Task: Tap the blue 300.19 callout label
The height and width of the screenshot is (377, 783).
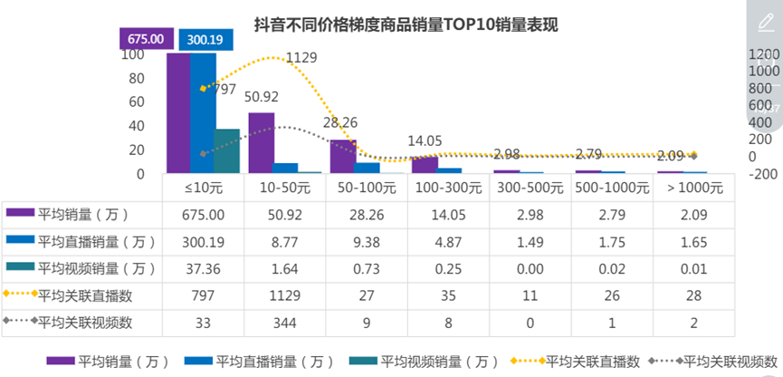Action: [205, 40]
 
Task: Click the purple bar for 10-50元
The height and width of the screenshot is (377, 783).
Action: [261, 142]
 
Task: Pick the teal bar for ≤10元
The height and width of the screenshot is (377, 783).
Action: [226, 150]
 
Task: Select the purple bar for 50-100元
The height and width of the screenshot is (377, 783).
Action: [341, 156]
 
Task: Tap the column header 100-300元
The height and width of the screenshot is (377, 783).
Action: [446, 188]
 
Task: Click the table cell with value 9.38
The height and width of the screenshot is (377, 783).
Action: [365, 242]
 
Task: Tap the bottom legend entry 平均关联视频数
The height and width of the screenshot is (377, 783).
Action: [730, 362]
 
